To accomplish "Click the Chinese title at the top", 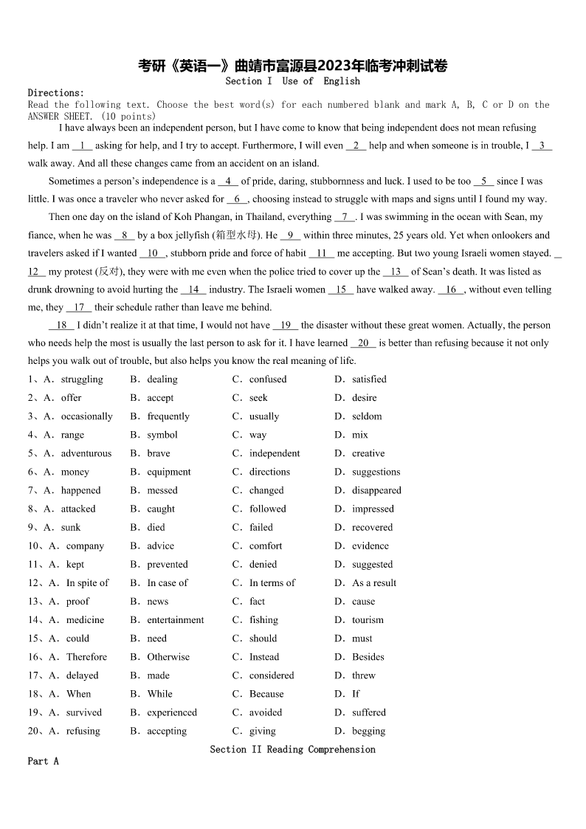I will (x=293, y=66).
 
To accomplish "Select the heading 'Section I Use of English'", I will (x=293, y=81).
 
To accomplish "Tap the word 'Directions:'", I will (x=56, y=93).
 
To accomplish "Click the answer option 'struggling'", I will (x=82, y=379).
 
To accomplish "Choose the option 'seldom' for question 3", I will (x=367, y=416).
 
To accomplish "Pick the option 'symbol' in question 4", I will (x=162, y=435).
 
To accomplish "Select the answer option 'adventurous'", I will (x=86, y=453).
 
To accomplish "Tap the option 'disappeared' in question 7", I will (x=376, y=490).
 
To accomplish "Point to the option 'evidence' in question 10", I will (x=370, y=546).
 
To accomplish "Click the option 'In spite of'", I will (x=87, y=582).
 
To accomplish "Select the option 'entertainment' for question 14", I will (x=176, y=620).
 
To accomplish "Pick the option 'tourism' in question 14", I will (x=368, y=620).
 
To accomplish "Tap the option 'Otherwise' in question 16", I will (x=168, y=657).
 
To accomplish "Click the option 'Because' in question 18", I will (x=266, y=694).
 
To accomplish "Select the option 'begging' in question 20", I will (x=368, y=731).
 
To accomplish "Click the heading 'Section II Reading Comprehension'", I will (x=292, y=749).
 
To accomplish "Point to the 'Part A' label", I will (x=43, y=761).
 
